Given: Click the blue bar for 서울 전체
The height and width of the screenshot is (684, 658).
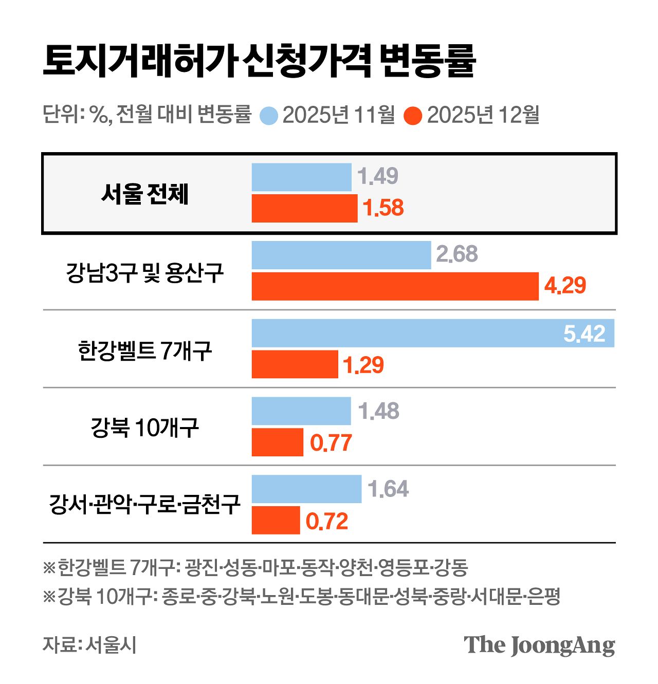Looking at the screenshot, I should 301,177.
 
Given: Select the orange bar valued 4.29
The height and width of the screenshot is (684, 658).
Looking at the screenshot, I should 395,286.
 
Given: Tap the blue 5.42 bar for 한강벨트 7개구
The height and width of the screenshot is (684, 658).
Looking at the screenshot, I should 433,333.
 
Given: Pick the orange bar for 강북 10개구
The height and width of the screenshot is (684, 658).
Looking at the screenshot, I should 277,442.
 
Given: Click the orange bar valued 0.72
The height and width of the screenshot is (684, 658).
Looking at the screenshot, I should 276,520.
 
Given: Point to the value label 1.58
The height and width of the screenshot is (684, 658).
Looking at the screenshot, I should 383,208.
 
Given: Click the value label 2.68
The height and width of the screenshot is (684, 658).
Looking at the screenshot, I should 456,254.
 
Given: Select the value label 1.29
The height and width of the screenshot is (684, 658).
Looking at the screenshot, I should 363,365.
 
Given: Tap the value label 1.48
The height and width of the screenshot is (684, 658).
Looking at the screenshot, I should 378,411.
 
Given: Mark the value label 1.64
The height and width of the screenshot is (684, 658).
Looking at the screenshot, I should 388,489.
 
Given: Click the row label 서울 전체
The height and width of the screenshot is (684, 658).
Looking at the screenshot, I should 145,194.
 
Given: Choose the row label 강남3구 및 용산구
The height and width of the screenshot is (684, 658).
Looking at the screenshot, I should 145,272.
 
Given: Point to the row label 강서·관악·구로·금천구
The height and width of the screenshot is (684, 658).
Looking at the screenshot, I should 145,505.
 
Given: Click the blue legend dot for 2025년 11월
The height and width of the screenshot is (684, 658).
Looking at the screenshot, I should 269,115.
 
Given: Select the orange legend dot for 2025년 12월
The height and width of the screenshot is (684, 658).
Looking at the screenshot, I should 413,115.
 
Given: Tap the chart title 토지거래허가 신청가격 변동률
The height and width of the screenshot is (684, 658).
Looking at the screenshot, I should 259,61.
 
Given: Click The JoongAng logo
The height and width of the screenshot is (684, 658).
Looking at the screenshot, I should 539,645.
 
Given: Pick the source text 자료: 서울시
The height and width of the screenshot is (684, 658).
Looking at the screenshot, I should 89,644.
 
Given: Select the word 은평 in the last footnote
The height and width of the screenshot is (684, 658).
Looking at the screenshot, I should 544,597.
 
